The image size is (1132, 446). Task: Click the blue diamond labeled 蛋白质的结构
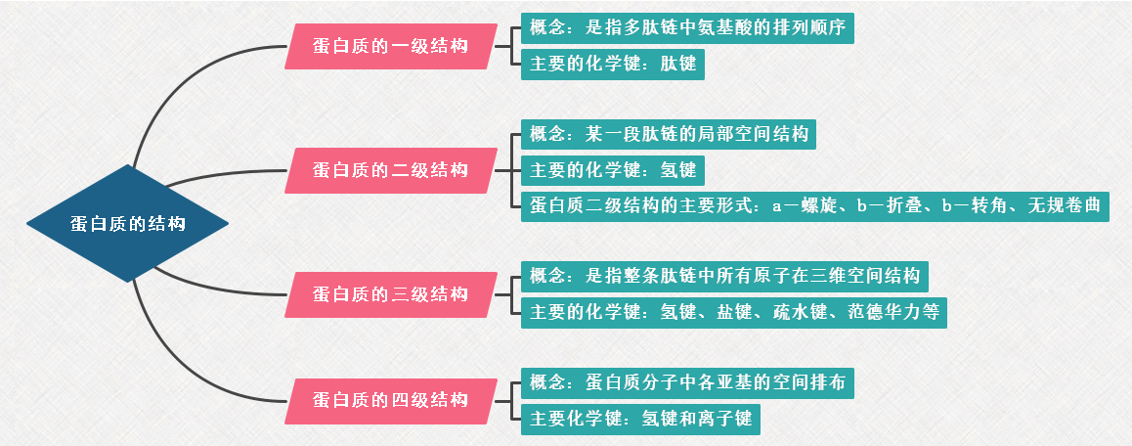tap(127, 224)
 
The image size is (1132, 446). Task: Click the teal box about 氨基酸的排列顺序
tap(687, 26)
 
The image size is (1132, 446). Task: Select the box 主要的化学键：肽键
tap(612, 65)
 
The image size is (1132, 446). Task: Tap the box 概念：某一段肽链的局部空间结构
tap(669, 133)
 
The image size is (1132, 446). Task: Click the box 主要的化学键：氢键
tap(612, 170)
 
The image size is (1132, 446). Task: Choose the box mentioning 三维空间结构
tap(724, 276)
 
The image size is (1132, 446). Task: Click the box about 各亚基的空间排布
tap(687, 382)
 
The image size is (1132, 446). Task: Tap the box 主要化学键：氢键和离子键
tap(640, 420)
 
